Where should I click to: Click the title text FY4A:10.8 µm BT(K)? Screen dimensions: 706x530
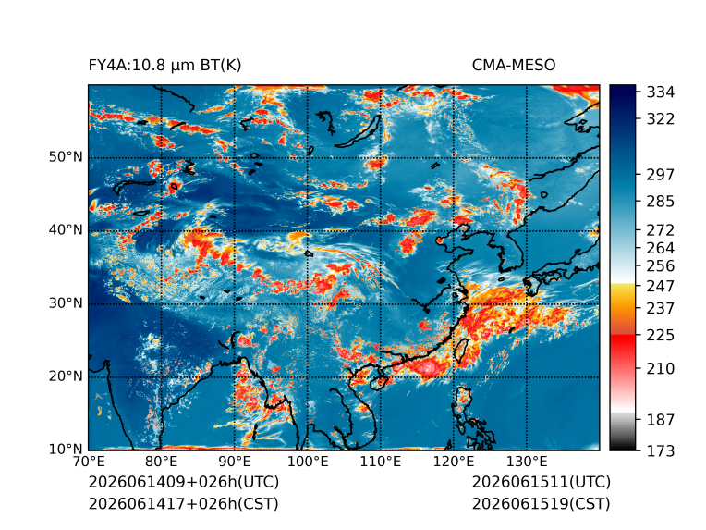click(x=164, y=66)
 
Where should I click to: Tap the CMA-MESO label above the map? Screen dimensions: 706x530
click(x=514, y=66)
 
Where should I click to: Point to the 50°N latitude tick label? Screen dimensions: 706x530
click(x=66, y=157)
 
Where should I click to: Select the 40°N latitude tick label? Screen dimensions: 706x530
click(x=66, y=229)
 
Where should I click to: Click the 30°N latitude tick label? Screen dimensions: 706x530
click(x=66, y=302)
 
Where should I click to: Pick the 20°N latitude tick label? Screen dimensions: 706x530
click(x=66, y=376)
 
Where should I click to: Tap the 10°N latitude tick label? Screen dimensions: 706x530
click(x=66, y=449)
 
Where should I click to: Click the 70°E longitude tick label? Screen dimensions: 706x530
click(x=89, y=462)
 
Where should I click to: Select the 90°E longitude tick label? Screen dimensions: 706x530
click(x=234, y=462)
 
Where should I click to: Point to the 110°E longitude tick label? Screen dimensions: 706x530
click(x=381, y=462)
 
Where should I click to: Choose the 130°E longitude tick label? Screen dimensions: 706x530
click(x=527, y=462)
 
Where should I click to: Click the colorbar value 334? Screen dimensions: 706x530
click(x=661, y=92)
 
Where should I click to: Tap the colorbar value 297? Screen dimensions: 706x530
click(x=661, y=175)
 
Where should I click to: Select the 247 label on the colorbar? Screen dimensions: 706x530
click(x=661, y=286)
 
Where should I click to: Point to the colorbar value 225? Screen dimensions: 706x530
click(x=661, y=336)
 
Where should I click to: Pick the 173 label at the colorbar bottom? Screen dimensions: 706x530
click(x=661, y=450)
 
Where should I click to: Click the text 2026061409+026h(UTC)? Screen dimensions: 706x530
click(x=184, y=482)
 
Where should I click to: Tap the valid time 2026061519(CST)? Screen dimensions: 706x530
click(x=542, y=504)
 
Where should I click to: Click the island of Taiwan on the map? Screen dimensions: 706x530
click(x=460, y=351)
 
